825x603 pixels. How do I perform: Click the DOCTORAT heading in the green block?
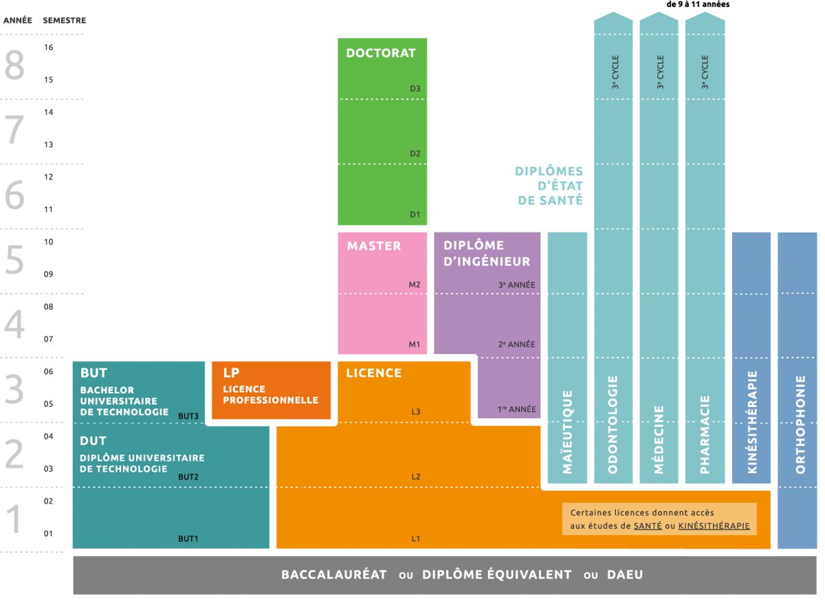pos(381,53)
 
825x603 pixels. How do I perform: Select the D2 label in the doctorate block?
pos(415,153)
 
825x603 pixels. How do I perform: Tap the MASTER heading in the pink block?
pos(373,245)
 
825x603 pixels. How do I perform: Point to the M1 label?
pos(414,344)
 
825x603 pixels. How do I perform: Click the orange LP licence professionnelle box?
pos(271,390)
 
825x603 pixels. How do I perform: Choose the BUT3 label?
pos(188,416)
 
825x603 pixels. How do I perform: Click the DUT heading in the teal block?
pos(93,441)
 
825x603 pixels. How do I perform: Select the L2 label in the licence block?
pos(415,476)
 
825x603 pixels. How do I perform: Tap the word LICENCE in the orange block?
pos(374,373)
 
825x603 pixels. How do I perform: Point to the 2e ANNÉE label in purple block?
pos(516,344)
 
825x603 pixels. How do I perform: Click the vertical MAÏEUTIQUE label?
pos(568,432)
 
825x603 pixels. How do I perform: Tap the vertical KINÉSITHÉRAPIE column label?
pos(752,422)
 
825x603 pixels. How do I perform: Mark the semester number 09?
pos(48,274)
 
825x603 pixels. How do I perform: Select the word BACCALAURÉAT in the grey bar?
pos(334,575)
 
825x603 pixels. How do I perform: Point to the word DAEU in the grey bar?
pos(624,575)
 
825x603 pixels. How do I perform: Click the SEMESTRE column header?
pos(64,21)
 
